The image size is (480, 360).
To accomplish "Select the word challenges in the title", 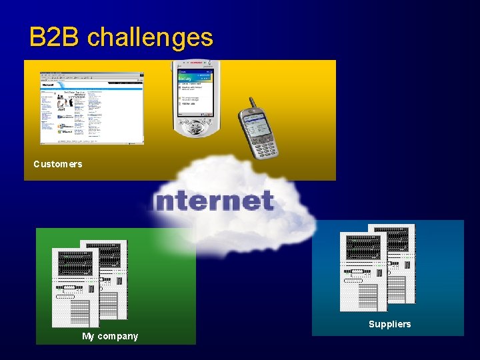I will point(150,38).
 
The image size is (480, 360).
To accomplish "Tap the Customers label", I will point(58,164).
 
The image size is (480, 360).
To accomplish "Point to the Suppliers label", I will point(390,324).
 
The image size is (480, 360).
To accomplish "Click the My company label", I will point(110,336).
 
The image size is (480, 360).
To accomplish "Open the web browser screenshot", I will point(92,107).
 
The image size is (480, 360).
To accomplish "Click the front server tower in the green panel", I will point(75,287).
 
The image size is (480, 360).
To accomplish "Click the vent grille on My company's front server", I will point(79,311).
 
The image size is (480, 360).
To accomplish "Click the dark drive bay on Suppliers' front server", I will point(363,249).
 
